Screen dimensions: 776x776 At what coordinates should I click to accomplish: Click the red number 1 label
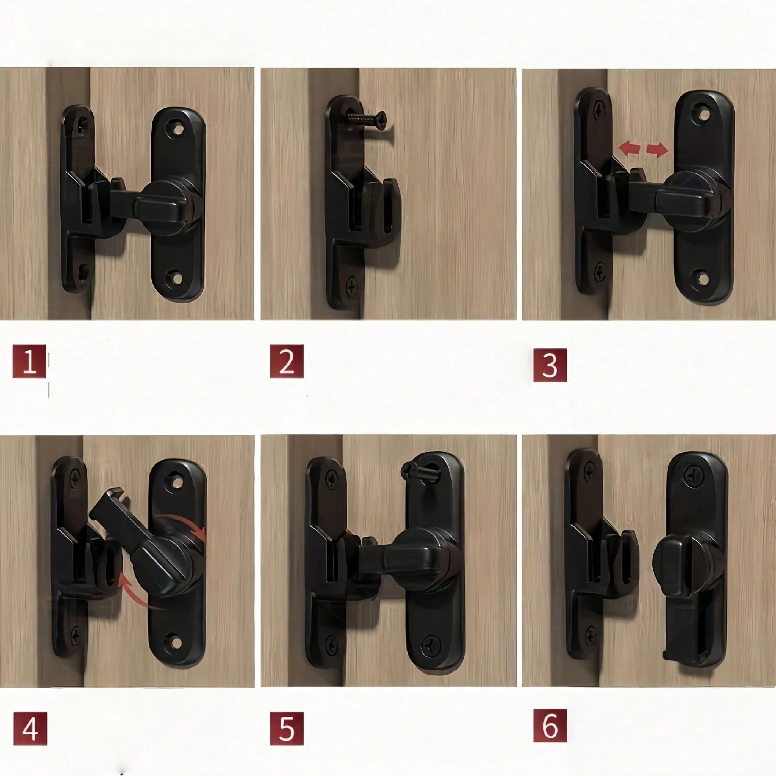click(x=29, y=361)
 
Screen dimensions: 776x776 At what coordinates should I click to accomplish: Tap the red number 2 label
click(x=286, y=361)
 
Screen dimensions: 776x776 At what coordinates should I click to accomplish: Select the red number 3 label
click(x=550, y=365)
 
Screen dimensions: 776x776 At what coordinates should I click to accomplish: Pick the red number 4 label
click(x=30, y=728)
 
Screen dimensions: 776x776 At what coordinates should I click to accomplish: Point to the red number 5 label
click(x=286, y=728)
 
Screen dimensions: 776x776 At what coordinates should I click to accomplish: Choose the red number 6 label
click(x=550, y=725)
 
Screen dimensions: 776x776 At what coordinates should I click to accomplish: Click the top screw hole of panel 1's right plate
click(x=177, y=129)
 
